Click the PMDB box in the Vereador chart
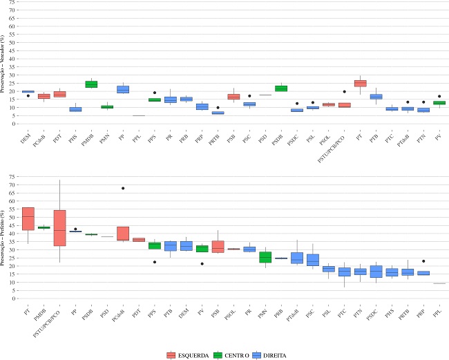[x=91, y=84]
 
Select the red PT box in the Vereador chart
[x=360, y=84]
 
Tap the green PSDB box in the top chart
[x=281, y=88]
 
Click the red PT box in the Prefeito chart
[x=28, y=218]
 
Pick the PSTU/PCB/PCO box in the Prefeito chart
[x=59, y=227]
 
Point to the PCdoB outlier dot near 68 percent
[x=123, y=188]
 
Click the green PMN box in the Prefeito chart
[x=264, y=257]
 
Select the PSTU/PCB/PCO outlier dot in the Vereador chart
[x=344, y=91]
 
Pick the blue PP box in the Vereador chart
[x=123, y=89]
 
